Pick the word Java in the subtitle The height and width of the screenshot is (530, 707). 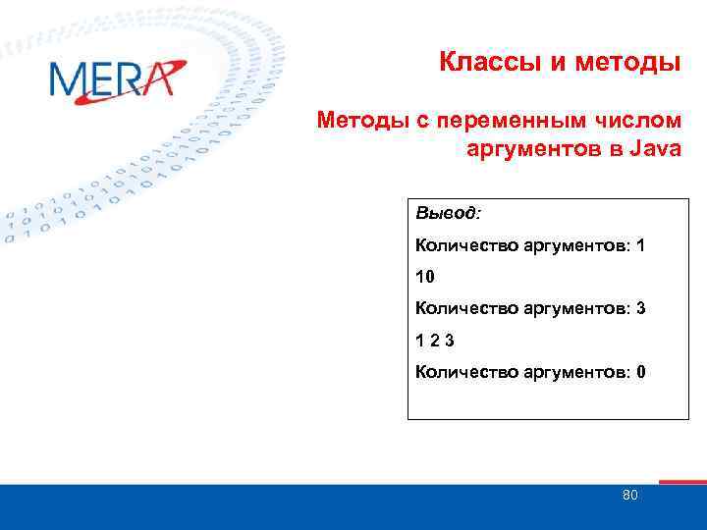point(652,150)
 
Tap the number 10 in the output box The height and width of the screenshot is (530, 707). point(424,277)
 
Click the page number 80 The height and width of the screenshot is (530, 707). point(630,496)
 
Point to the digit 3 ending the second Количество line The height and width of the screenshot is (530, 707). point(640,308)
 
